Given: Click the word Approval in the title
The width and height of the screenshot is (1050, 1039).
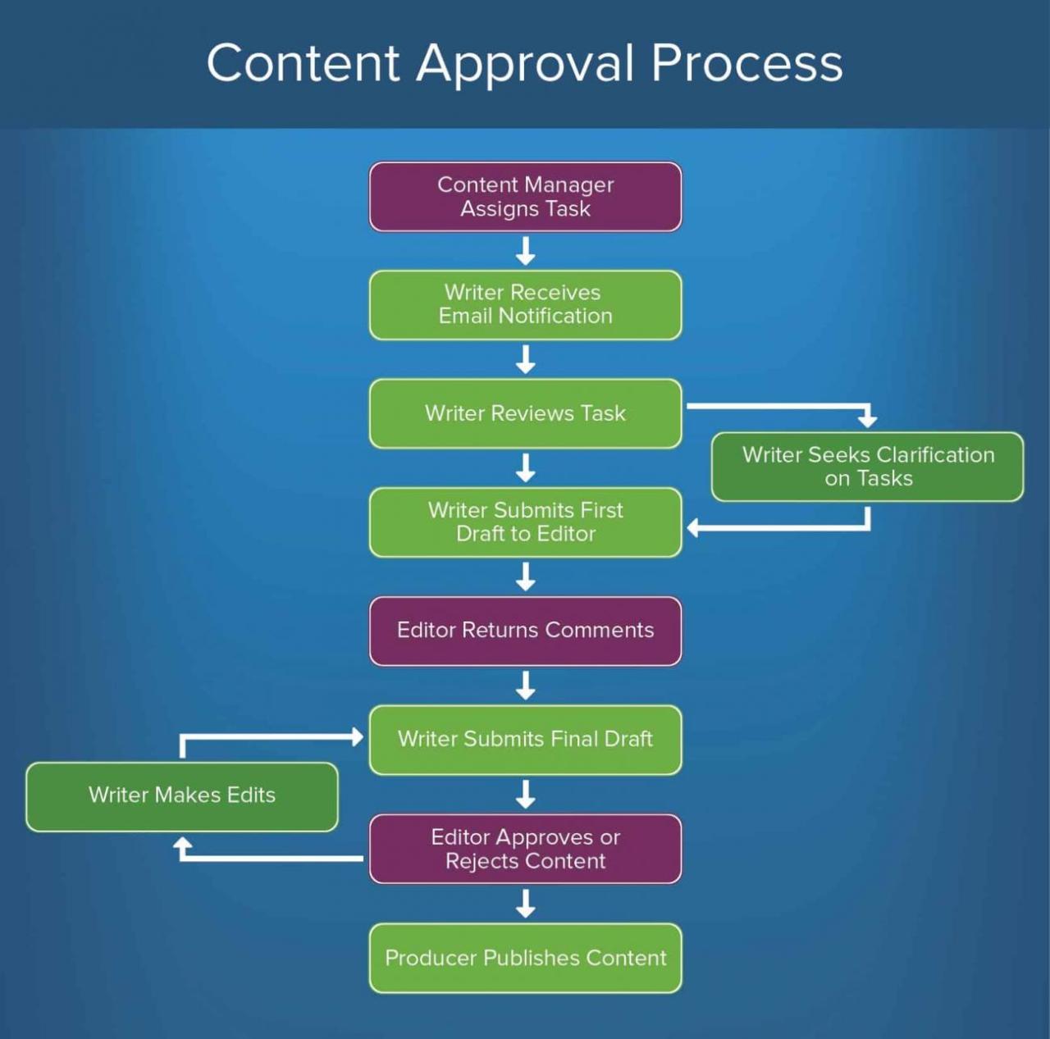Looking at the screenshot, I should [525, 64].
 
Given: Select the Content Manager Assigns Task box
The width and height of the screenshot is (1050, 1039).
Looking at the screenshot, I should [525, 197].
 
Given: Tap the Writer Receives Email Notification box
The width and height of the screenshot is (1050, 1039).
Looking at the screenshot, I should [525, 304].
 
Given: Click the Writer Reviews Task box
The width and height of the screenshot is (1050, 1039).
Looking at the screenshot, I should [525, 413].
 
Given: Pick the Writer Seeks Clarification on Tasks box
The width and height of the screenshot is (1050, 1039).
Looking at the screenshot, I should [867, 467].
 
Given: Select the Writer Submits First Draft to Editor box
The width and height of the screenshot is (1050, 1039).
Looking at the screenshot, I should [525, 522].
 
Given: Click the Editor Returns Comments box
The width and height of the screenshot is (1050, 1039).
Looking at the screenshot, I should [525, 631].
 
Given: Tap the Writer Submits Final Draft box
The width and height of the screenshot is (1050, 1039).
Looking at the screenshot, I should [525, 740].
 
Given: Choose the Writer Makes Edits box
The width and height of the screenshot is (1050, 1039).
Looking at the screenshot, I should [181, 796].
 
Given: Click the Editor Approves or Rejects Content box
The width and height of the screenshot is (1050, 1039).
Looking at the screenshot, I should [525, 849].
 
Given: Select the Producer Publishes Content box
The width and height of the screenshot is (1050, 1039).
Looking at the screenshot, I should [525, 958].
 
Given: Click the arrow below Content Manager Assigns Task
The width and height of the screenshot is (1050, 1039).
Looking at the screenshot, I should [525, 251].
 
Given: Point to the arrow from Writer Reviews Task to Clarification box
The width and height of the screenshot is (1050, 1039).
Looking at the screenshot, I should [779, 406].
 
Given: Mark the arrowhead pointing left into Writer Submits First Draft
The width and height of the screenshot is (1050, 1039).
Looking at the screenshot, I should [693, 527].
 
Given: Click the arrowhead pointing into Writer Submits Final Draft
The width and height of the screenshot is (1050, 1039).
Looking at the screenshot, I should [357, 736].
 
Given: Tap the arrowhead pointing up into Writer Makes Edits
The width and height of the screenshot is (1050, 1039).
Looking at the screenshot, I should [183, 845].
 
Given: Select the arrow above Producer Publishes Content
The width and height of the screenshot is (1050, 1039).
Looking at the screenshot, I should [525, 904].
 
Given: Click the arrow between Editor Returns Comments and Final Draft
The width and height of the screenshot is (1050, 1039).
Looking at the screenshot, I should [525, 686].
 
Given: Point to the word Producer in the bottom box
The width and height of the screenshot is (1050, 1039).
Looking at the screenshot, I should [430, 958].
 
